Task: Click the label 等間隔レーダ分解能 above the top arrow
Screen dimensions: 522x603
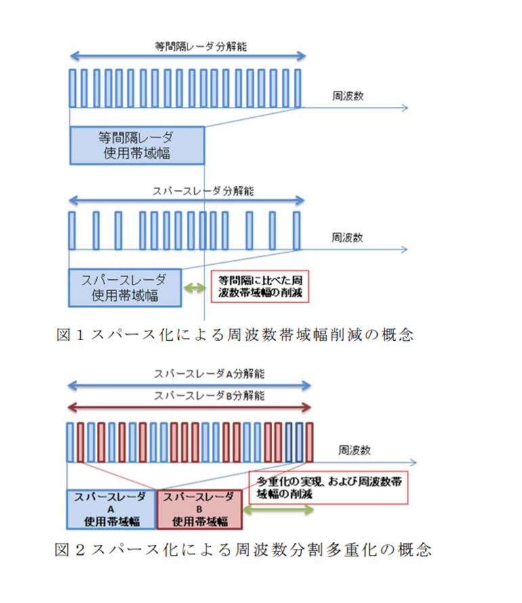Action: [200, 47]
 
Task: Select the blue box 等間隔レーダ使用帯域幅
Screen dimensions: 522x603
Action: [137, 146]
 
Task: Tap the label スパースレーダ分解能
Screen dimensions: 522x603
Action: [203, 191]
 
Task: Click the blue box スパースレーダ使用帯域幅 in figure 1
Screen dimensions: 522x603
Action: [125, 288]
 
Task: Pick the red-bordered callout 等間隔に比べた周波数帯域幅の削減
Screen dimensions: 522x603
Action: [260, 287]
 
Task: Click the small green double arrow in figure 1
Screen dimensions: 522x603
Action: [194, 288]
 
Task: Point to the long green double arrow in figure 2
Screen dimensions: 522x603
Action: [279, 510]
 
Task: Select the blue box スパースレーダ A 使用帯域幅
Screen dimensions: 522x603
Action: [112, 510]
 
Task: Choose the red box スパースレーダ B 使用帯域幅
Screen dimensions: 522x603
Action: [200, 510]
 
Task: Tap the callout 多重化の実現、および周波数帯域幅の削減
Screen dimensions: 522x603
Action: [328, 488]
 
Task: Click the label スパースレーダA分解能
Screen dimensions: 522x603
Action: [209, 374]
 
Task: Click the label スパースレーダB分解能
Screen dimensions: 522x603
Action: [209, 396]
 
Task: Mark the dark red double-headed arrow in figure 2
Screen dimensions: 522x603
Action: [189, 408]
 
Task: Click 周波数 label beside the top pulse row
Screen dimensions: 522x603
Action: [348, 96]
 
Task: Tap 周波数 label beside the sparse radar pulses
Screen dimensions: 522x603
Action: [347, 238]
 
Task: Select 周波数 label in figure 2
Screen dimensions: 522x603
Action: [354, 450]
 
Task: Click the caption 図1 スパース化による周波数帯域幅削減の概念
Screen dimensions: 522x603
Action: [235, 335]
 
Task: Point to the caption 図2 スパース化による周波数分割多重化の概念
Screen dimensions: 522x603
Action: [243, 549]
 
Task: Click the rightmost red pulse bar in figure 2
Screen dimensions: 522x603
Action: [309, 442]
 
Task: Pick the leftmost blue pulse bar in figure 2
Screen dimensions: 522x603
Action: [70, 442]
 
